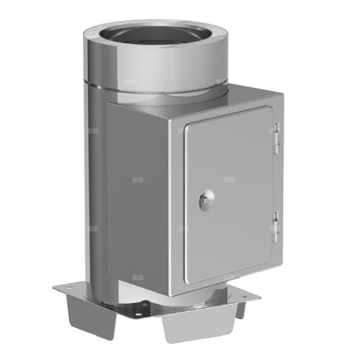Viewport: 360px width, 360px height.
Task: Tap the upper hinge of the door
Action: [x=276, y=138]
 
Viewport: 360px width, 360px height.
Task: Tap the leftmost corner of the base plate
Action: [x=54, y=286]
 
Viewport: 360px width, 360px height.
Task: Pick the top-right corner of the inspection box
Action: [x=282, y=94]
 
